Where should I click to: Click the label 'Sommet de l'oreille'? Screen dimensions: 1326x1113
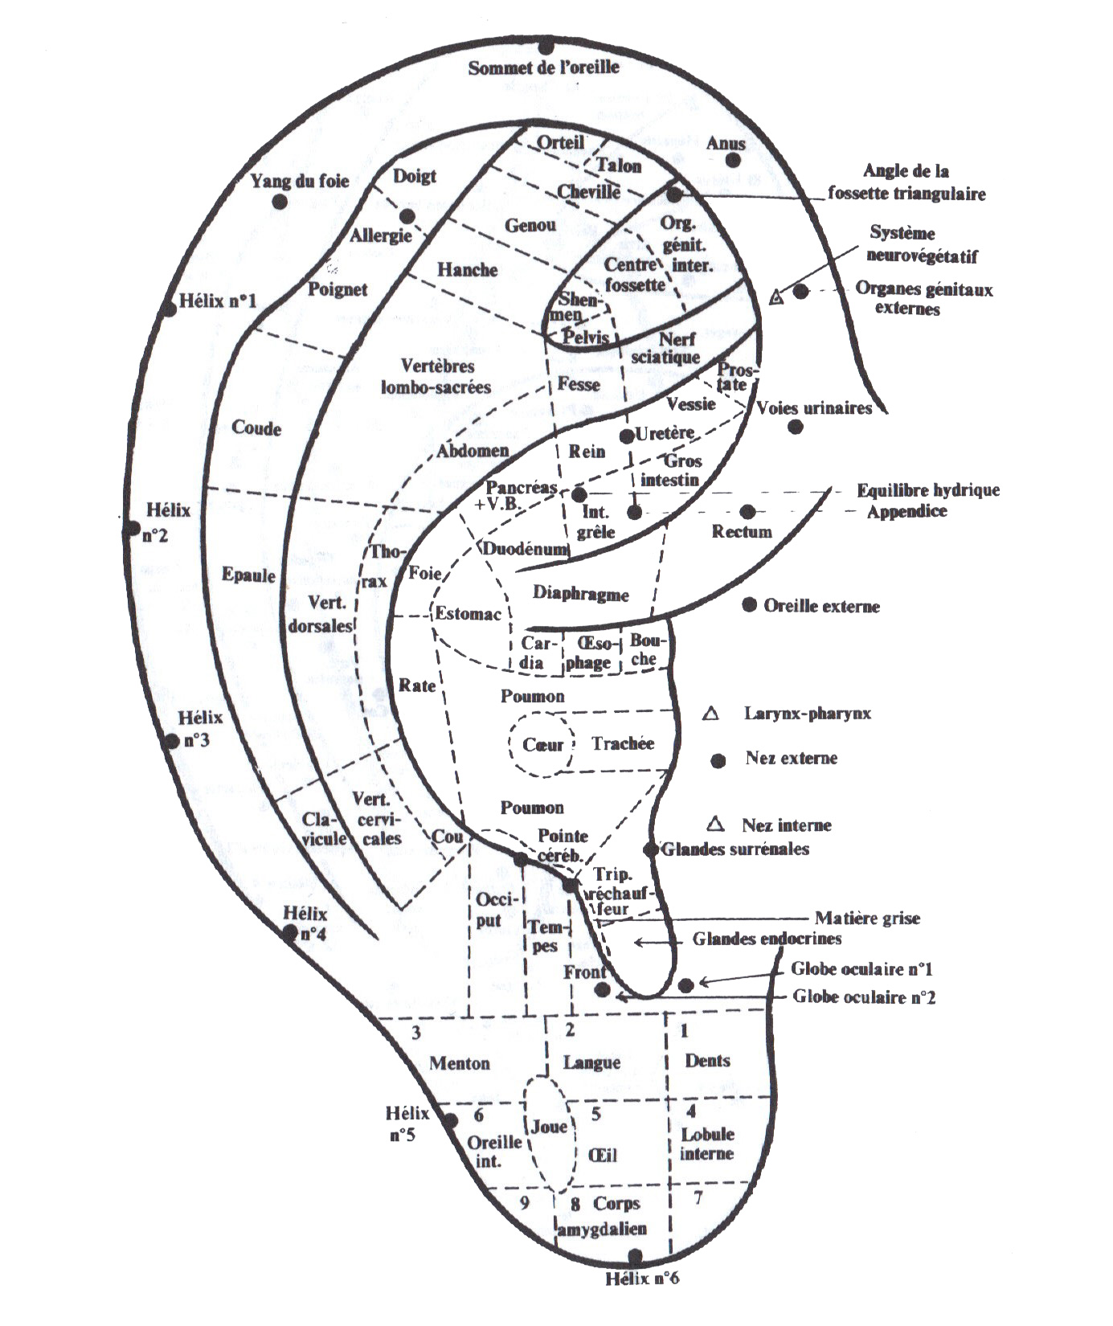point(543,68)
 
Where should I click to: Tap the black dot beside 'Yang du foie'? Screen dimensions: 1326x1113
point(280,202)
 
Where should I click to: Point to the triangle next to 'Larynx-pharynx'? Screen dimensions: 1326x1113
point(710,714)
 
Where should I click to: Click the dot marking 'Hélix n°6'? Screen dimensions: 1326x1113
point(636,1255)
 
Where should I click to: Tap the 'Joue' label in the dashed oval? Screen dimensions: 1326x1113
point(550,1127)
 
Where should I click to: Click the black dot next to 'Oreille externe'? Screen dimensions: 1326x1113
point(749,605)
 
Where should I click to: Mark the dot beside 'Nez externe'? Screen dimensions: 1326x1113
point(718,760)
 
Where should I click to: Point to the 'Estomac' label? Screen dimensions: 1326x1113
point(468,615)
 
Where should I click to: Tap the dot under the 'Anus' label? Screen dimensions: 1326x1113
point(732,161)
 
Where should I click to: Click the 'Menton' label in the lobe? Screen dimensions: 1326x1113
point(459,1063)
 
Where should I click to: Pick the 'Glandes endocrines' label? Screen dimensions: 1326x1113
point(767,939)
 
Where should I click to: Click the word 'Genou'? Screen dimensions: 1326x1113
point(530,226)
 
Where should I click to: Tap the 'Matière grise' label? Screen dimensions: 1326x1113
point(867,918)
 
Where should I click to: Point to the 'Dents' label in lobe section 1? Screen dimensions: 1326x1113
point(707,1060)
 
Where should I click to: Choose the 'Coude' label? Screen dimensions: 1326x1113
point(256,428)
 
